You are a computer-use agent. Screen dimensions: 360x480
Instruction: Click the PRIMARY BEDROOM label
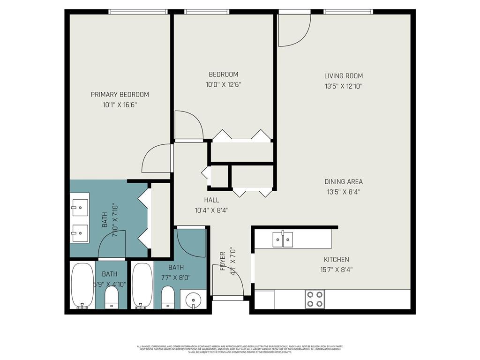pyautogui.click(x=120, y=95)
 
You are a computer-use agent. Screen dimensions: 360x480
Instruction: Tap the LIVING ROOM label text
pyautogui.click(x=344, y=76)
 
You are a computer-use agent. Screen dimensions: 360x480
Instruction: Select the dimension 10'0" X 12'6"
pyautogui.click(x=223, y=85)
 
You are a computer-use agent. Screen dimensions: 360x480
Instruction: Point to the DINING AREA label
pyautogui.click(x=344, y=182)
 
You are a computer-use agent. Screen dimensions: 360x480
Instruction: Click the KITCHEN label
pyautogui.click(x=336, y=260)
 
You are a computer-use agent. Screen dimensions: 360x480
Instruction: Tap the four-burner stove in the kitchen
pyautogui.click(x=315, y=299)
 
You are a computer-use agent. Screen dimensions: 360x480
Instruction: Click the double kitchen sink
pyautogui.click(x=283, y=240)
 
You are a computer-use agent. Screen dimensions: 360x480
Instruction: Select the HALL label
pyautogui.click(x=211, y=200)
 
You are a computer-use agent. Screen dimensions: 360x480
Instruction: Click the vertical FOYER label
pyautogui.click(x=223, y=262)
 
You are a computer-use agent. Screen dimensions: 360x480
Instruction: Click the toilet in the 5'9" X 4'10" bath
pyautogui.click(x=111, y=297)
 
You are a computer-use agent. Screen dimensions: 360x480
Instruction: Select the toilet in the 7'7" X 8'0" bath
pyautogui.click(x=168, y=297)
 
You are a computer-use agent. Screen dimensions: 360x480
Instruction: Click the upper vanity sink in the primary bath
pyautogui.click(x=80, y=205)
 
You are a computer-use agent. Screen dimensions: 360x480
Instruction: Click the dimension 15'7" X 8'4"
pyautogui.click(x=336, y=270)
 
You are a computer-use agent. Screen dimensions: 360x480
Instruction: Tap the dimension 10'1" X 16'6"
pyautogui.click(x=120, y=105)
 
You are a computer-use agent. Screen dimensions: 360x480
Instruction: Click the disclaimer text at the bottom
pyautogui.click(x=240, y=349)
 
